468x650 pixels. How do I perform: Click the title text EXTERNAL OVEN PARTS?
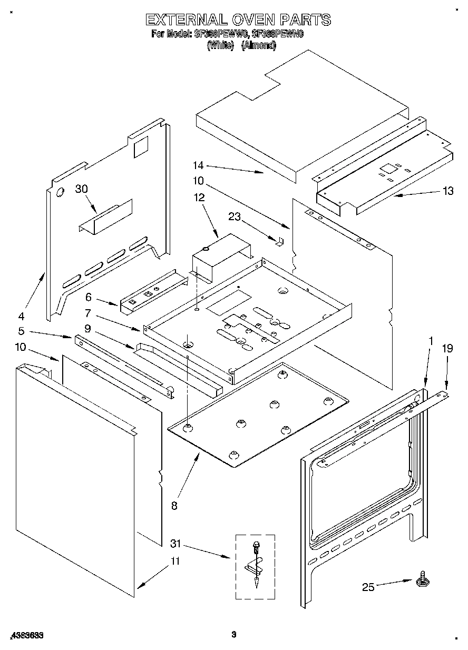(x=238, y=20)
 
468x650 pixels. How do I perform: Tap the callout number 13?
(x=447, y=191)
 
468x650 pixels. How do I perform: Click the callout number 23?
(x=235, y=215)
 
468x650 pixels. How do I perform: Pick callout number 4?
(x=21, y=316)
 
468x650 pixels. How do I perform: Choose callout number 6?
(x=89, y=297)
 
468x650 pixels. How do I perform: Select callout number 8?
(x=174, y=506)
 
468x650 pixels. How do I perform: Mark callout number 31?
(x=177, y=543)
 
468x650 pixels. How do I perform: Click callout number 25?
(x=368, y=587)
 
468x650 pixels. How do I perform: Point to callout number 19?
(x=447, y=348)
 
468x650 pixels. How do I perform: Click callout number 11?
(x=174, y=561)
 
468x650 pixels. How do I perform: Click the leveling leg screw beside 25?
(x=422, y=580)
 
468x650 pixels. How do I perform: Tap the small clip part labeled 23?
(x=280, y=240)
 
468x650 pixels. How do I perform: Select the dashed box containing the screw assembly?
(x=255, y=566)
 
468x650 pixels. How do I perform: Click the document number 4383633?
(x=26, y=635)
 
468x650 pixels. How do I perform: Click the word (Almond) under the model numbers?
(x=258, y=46)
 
